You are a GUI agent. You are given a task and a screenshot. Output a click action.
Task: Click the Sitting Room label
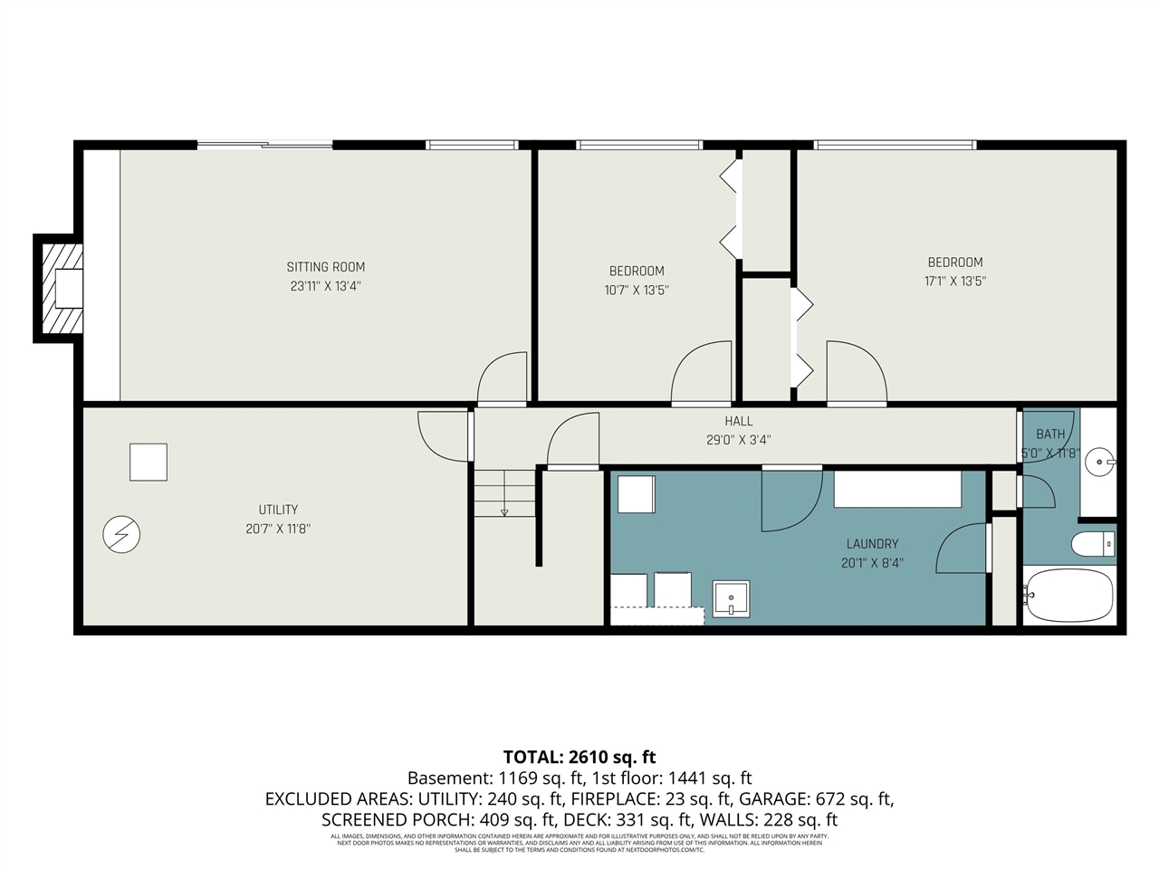pyautogui.click(x=326, y=267)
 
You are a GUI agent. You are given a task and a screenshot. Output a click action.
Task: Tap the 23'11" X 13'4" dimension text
pyautogui.click(x=326, y=286)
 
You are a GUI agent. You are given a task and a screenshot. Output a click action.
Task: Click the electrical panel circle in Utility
pyautogui.click(x=121, y=534)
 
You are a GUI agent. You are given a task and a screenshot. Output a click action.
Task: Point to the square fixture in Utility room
pyautogui.click(x=148, y=462)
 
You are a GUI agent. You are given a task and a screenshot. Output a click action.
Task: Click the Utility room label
pyautogui.click(x=278, y=510)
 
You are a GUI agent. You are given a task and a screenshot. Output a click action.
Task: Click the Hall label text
pyautogui.click(x=738, y=421)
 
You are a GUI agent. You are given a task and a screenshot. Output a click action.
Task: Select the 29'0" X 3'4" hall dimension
pyautogui.click(x=738, y=440)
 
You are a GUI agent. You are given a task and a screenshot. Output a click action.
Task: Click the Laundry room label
pyautogui.click(x=872, y=544)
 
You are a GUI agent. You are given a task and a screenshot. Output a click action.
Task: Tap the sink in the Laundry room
pyautogui.click(x=731, y=599)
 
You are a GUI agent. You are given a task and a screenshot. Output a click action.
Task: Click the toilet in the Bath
pyautogui.click(x=1093, y=544)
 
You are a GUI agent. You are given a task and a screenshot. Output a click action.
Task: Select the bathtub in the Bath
pyautogui.click(x=1068, y=595)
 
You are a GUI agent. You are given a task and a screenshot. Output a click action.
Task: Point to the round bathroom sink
pyautogui.click(x=1100, y=462)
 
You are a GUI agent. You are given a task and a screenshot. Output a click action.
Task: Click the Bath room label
pyautogui.click(x=1050, y=434)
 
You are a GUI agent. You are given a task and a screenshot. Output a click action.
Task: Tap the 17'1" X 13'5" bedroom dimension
pyautogui.click(x=954, y=282)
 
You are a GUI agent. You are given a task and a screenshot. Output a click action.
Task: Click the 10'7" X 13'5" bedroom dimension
pyautogui.click(x=637, y=291)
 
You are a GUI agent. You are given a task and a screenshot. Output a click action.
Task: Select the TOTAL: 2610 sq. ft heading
pyautogui.click(x=579, y=758)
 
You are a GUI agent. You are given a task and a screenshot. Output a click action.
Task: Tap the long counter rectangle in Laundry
pyautogui.click(x=897, y=490)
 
